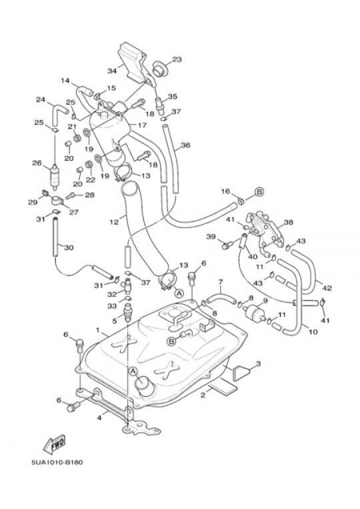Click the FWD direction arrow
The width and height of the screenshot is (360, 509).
(x=55, y=444)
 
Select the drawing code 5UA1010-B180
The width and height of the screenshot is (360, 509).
(x=57, y=462)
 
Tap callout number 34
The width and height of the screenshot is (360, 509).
(x=112, y=71)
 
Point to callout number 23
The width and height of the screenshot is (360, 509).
(x=177, y=59)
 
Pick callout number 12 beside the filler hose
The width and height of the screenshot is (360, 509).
(x=114, y=222)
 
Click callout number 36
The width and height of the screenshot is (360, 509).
(x=185, y=145)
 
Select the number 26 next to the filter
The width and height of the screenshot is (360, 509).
(x=37, y=163)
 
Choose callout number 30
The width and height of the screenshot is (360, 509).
(x=69, y=247)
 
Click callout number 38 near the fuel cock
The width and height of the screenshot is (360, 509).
(x=288, y=222)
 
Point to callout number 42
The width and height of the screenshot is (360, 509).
(x=327, y=288)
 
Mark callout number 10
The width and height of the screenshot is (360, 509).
(x=313, y=332)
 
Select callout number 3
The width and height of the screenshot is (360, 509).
(x=258, y=364)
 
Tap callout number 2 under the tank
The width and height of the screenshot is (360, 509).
(x=203, y=395)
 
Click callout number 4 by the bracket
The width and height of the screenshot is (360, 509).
(x=99, y=418)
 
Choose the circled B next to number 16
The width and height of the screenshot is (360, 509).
(x=259, y=192)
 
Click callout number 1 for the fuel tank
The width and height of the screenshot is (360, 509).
(x=97, y=330)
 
